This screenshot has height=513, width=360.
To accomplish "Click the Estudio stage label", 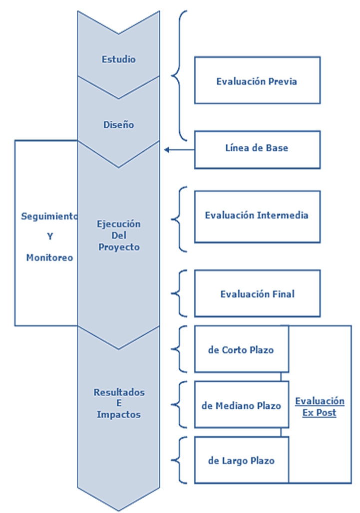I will click(x=118, y=59).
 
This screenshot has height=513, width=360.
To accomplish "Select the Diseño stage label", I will click(x=118, y=125).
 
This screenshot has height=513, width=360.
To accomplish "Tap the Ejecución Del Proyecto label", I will click(x=118, y=235).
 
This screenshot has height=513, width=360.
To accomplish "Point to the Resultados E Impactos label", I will click(x=118, y=403).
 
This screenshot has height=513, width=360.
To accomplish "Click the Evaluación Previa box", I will click(x=257, y=81).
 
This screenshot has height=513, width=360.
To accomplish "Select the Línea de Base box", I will click(x=257, y=149).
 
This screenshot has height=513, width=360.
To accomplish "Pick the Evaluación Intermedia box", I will click(x=257, y=216).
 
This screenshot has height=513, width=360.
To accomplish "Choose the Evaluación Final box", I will click(x=257, y=294).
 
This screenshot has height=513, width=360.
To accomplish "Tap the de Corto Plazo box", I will click(x=241, y=349).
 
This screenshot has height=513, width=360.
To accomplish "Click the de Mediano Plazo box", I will click(x=241, y=405).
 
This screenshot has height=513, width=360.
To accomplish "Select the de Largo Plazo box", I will click(x=241, y=461).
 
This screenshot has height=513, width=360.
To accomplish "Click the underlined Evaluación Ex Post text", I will click(x=320, y=407).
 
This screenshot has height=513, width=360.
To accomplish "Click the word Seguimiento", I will click(x=49, y=217).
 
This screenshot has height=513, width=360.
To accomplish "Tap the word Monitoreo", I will click(x=49, y=257).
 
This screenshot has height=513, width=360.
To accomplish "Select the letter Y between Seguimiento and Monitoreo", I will click(x=49, y=237).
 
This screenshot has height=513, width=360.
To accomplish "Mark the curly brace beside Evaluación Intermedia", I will click(x=179, y=219).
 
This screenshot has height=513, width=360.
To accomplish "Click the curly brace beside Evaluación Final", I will click(x=179, y=293).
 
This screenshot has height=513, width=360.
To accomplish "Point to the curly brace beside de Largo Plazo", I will click(x=179, y=461).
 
